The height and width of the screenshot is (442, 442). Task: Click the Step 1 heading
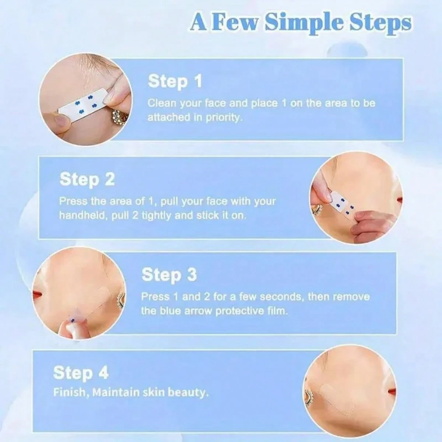coord(175,81)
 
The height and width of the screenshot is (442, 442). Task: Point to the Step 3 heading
coord(169,274)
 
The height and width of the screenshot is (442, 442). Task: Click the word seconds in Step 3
coord(282,297)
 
